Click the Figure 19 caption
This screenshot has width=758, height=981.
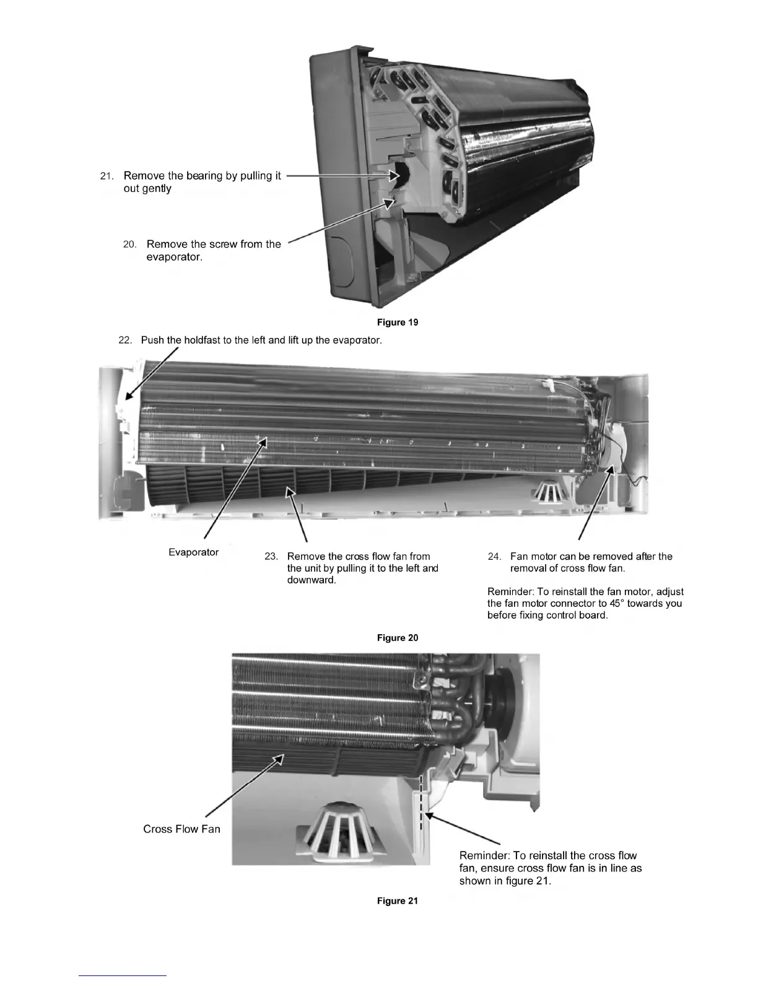pos(398,322)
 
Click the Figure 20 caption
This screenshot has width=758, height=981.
pos(398,638)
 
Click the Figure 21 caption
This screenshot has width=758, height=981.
pos(398,901)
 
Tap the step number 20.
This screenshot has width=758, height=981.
pos(129,245)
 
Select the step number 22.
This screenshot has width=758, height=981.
pos(125,341)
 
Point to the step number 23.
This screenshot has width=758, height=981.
pos(271,557)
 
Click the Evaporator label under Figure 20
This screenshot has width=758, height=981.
pos(193,552)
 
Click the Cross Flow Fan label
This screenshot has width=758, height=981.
pos(181,829)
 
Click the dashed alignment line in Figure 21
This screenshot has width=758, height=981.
pos(420,802)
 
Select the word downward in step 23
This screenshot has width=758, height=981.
pos(311,580)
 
